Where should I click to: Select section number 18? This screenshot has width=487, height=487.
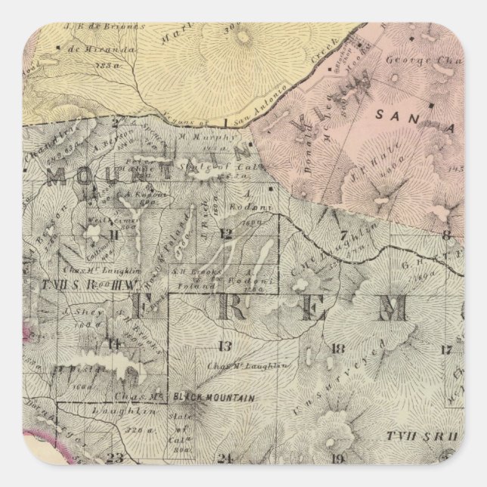[337, 348]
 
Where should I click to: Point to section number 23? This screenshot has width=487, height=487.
[115, 456]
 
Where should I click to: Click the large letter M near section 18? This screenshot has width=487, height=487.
[393, 308]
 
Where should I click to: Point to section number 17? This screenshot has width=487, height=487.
[447, 349]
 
